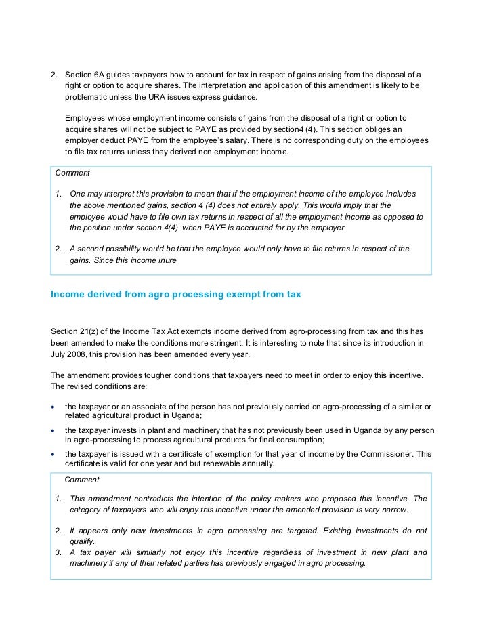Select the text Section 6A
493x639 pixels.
tap(84, 74)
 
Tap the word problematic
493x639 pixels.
tap(87, 97)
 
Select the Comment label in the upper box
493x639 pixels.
tap(72, 173)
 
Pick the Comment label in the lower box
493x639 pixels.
tap(82, 480)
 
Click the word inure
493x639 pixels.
tap(165, 260)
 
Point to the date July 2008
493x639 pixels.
tap(70, 354)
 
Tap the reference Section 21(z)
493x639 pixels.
tap(74, 331)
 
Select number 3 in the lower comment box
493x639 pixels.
tap(59, 552)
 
